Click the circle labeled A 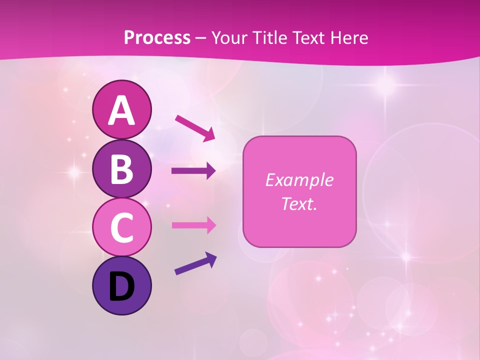121,109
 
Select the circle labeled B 121,168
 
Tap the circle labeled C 121,227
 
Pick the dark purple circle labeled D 121,285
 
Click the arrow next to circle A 195,128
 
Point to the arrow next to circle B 194,171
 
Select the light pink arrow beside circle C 194,225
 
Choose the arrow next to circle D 195,263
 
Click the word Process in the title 157,37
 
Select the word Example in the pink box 299,180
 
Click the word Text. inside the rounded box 299,203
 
